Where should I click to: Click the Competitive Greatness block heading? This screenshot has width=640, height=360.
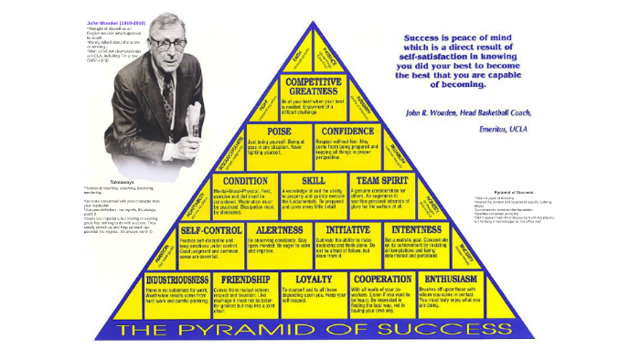click(x=315, y=86)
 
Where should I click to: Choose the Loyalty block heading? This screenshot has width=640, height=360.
click(x=314, y=278)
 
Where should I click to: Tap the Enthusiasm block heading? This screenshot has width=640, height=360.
click(x=453, y=278)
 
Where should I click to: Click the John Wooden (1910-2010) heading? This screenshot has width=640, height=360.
click(x=116, y=21)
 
